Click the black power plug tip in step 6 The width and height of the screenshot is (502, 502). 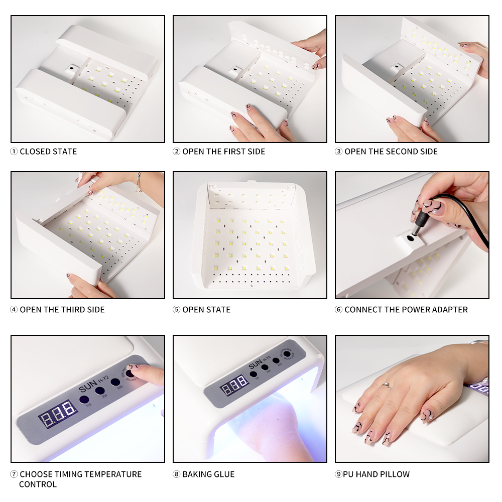[416, 229]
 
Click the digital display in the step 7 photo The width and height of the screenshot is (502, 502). [58, 414]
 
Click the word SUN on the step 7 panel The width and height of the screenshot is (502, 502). [87, 388]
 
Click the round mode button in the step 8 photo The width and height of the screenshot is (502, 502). [287, 354]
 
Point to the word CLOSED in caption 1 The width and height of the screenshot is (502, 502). [34, 152]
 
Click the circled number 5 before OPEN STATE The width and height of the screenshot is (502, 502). [176, 310]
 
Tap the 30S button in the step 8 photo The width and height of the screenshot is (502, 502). [265, 367]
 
